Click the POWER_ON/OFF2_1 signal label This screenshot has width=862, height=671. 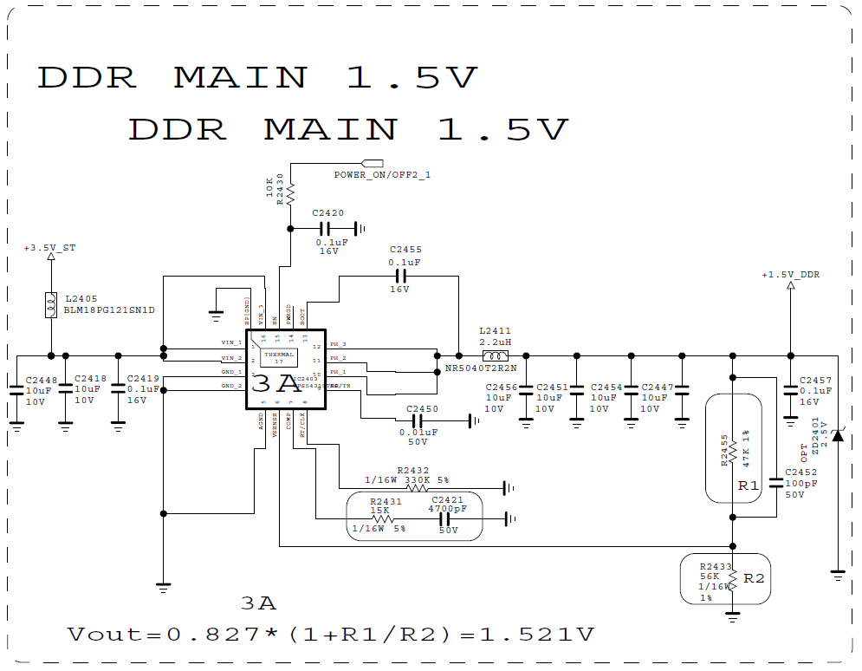(382, 175)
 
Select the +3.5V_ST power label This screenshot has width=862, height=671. (49, 248)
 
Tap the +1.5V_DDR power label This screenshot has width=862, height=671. (790, 275)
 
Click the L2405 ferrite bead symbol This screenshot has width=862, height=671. (50, 304)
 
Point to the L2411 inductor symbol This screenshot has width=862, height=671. (495, 355)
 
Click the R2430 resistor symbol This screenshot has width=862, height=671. (289, 191)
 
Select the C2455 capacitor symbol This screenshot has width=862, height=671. (400, 276)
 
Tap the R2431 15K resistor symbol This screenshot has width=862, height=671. (380, 519)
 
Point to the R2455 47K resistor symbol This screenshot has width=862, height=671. (733, 451)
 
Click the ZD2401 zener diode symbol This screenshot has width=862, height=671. (838, 433)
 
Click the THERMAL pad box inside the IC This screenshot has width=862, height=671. (279, 357)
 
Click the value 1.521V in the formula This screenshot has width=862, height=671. (537, 635)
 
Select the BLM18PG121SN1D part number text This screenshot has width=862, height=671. (108, 309)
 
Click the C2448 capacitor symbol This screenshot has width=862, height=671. (16, 392)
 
